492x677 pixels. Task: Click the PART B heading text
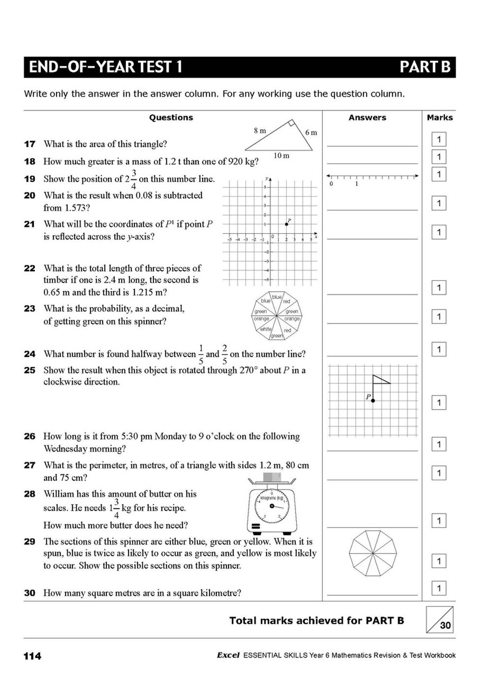425,67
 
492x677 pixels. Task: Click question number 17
30,144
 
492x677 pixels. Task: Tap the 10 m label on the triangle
281,155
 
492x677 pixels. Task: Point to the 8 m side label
260,130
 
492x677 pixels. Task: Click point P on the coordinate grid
287,224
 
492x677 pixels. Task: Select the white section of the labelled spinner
266,329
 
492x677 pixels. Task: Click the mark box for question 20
438,203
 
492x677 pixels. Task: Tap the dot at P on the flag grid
373,401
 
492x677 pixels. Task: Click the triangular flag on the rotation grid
381,379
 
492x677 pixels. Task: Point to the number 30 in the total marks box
445,625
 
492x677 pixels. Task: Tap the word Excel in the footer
227,655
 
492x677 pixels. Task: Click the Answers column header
367,118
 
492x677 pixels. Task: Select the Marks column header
439,118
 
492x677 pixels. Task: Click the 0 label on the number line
331,184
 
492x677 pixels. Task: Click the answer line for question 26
372,450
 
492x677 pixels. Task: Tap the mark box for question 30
438,588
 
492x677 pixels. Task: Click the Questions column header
171,118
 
